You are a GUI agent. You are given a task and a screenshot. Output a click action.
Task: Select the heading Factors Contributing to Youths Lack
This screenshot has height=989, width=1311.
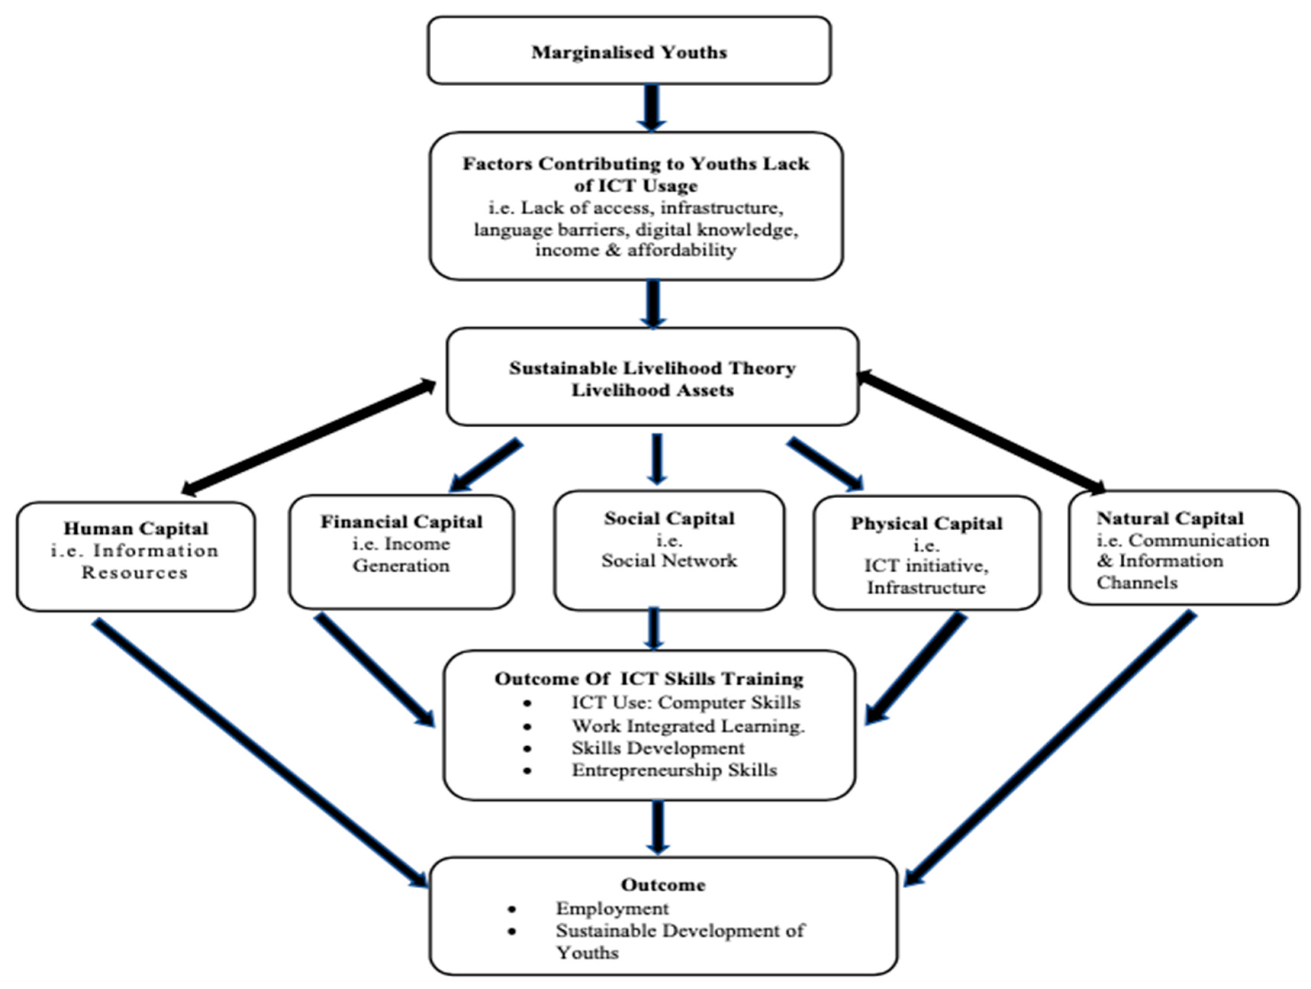coord(635,164)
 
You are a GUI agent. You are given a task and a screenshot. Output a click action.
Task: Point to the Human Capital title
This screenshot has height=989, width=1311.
coord(136,528)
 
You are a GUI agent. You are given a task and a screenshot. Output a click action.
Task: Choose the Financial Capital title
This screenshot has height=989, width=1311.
coord(401,522)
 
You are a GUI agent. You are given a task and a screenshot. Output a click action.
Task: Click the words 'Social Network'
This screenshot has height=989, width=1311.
coord(669,561)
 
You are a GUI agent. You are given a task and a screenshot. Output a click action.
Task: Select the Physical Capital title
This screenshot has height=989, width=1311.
coord(926,523)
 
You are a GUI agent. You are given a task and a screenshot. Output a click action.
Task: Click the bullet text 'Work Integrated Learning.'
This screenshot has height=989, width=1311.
coord(687,726)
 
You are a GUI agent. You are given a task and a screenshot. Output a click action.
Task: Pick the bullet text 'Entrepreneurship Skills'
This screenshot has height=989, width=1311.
coord(674,770)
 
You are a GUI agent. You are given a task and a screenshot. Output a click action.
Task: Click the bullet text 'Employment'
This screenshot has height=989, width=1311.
coord(612,908)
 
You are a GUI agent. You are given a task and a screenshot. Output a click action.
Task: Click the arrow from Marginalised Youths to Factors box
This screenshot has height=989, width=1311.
coord(651,107)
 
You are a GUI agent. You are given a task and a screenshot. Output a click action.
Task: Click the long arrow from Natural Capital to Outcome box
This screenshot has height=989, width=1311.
coord(1049,750)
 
